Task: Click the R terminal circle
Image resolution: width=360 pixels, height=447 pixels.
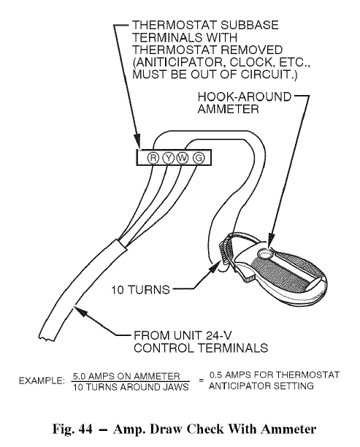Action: click(x=153, y=158)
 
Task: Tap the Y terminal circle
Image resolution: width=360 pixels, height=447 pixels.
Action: click(x=168, y=158)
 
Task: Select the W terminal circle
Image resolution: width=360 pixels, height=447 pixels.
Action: click(x=183, y=158)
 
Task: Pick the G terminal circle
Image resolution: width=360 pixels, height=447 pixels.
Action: click(x=199, y=158)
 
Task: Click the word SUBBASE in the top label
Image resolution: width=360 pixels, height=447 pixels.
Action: click(x=245, y=25)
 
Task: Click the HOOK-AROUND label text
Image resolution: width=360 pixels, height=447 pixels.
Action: click(x=245, y=97)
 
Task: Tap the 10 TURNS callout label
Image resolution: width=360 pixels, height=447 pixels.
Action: click(x=140, y=290)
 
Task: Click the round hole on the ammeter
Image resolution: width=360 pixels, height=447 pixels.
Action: click(x=264, y=253)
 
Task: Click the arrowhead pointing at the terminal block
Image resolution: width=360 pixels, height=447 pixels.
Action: click(x=138, y=142)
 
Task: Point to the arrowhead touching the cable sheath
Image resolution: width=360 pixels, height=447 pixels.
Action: click(x=80, y=311)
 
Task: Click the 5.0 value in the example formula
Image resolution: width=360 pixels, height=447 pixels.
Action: click(x=79, y=376)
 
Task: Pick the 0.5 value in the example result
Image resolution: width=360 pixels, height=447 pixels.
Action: click(x=215, y=375)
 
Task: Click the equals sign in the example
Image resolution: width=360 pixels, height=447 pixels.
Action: click(x=202, y=381)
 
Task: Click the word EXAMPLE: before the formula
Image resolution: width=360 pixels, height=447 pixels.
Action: click(x=42, y=381)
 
